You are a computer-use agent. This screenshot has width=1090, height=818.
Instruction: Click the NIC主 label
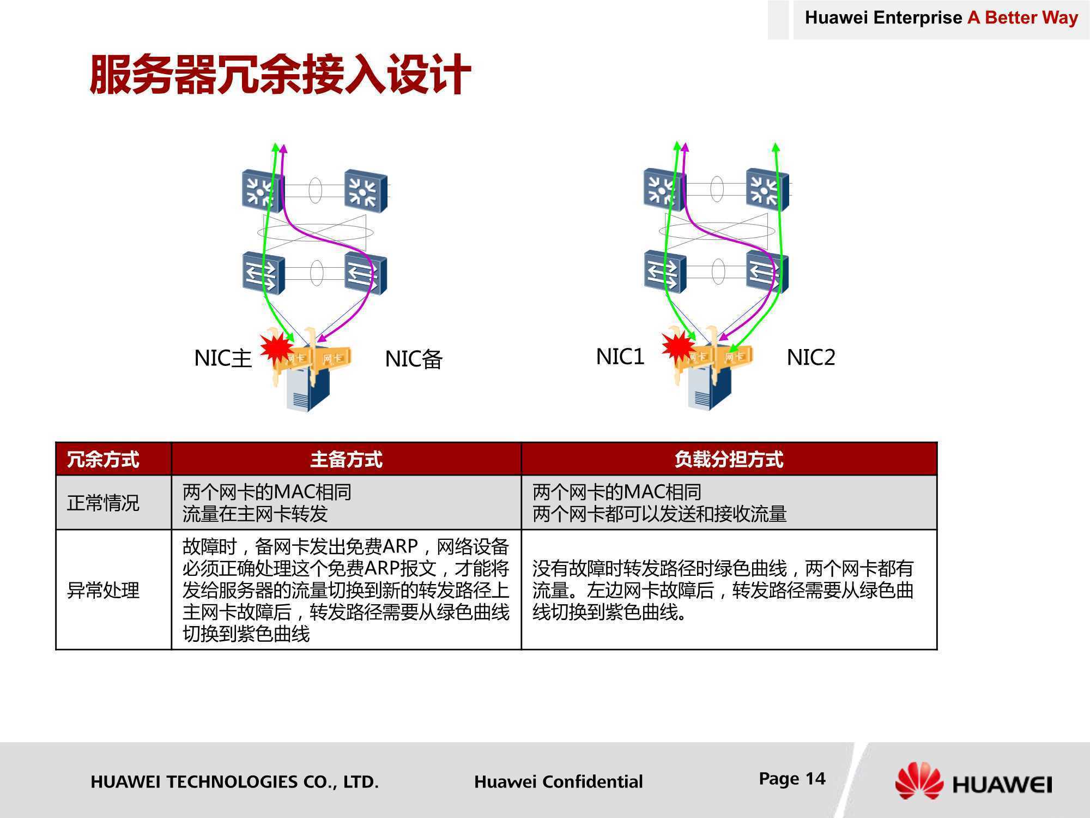[223, 358]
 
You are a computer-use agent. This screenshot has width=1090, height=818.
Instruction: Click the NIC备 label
[414, 359]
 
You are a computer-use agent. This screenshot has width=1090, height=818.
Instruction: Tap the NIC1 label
[620, 357]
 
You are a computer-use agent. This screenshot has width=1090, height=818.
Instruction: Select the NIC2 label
[811, 357]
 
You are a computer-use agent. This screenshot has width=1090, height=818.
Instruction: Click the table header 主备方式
[346, 459]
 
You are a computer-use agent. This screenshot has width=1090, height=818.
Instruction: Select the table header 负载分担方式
[729, 459]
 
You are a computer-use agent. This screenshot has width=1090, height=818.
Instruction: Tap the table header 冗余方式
[103, 459]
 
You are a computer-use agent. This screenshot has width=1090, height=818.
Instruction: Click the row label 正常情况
[103, 503]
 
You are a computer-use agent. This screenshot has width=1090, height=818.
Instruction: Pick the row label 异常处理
[103, 590]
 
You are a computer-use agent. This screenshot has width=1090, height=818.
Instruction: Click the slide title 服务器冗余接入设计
[281, 74]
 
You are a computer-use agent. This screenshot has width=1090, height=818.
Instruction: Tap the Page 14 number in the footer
[792, 779]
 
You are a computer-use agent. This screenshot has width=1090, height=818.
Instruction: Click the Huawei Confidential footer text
[559, 781]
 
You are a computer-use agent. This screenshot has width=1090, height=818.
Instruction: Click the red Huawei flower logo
[919, 780]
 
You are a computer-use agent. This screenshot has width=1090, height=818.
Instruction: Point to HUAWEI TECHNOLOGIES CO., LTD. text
[234, 782]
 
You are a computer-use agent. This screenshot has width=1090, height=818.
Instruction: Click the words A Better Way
[1023, 17]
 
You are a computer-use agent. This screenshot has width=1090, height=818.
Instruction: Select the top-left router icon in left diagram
[262, 190]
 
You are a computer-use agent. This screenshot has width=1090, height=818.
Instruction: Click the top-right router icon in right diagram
[767, 189]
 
